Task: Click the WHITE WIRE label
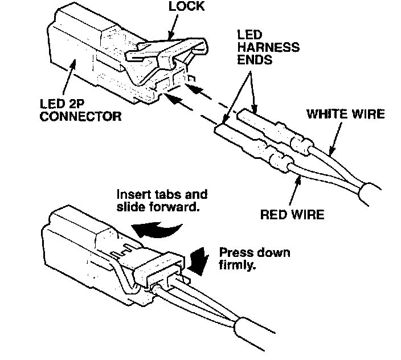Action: pyautogui.click(x=345, y=114)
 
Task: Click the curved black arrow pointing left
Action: pyautogui.click(x=157, y=229)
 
